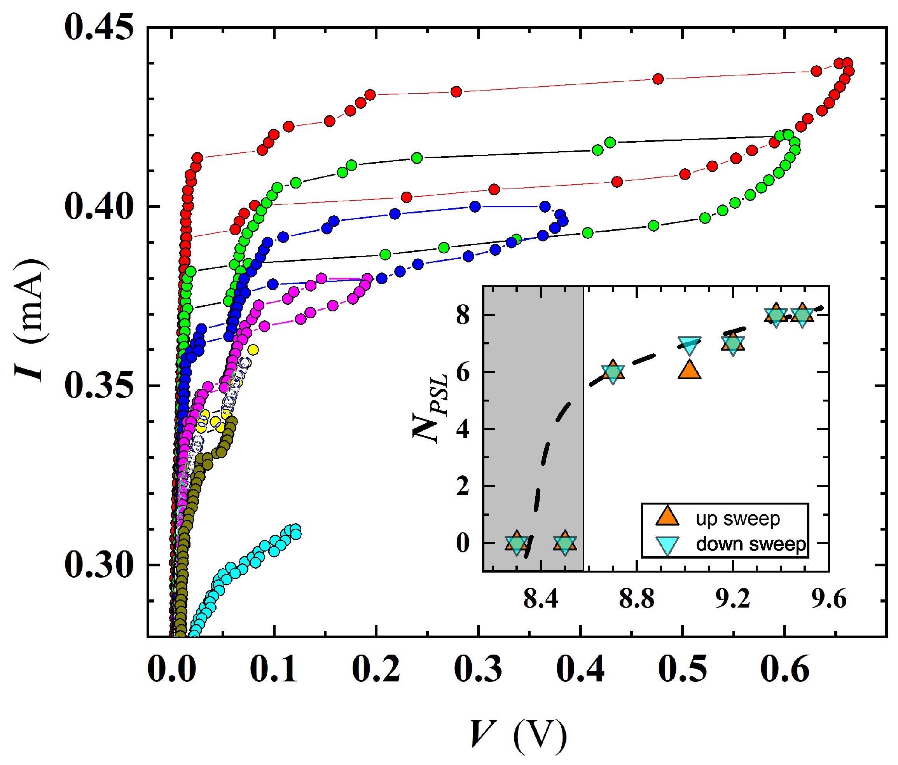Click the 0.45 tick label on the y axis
click(x=99, y=28)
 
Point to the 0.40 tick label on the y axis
click(x=99, y=207)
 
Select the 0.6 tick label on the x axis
click(x=785, y=669)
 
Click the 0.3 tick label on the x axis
click(x=478, y=669)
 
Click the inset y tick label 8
click(x=463, y=315)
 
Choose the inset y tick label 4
click(x=463, y=429)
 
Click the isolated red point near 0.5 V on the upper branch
click(x=658, y=79)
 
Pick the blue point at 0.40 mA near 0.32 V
click(x=475, y=207)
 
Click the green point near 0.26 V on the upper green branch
click(x=417, y=158)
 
